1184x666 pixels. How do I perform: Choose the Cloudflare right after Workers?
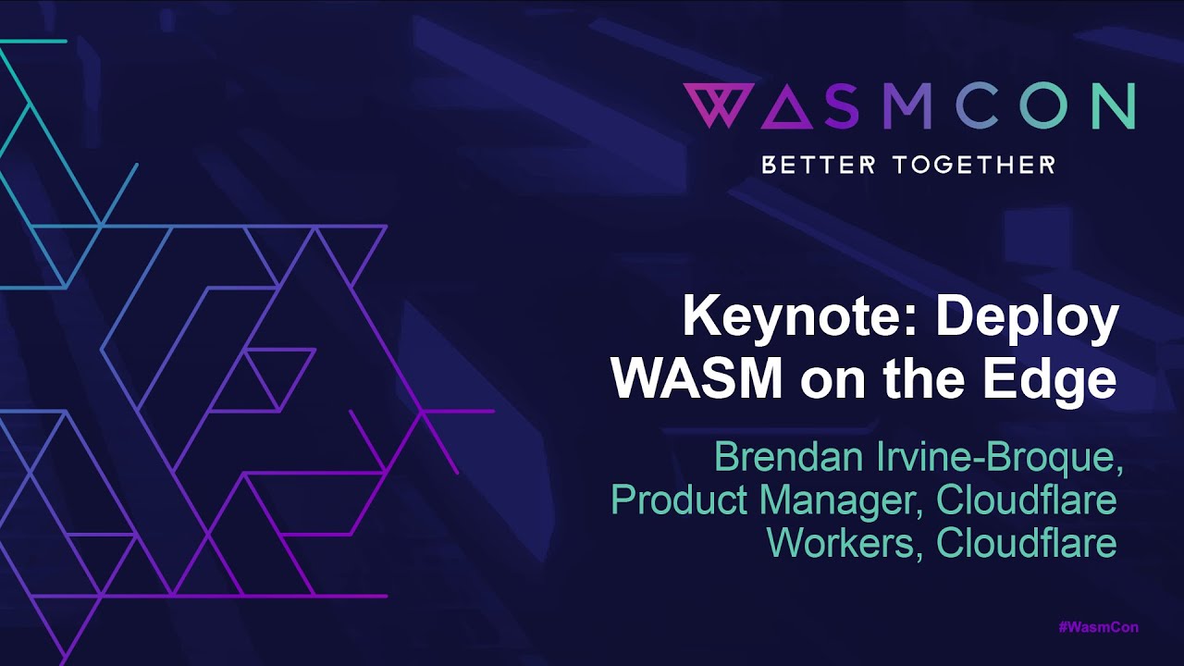click(1027, 543)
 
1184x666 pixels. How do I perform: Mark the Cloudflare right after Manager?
click(1027, 500)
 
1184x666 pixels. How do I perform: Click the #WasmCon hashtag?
click(1097, 627)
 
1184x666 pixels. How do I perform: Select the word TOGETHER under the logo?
click(974, 166)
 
